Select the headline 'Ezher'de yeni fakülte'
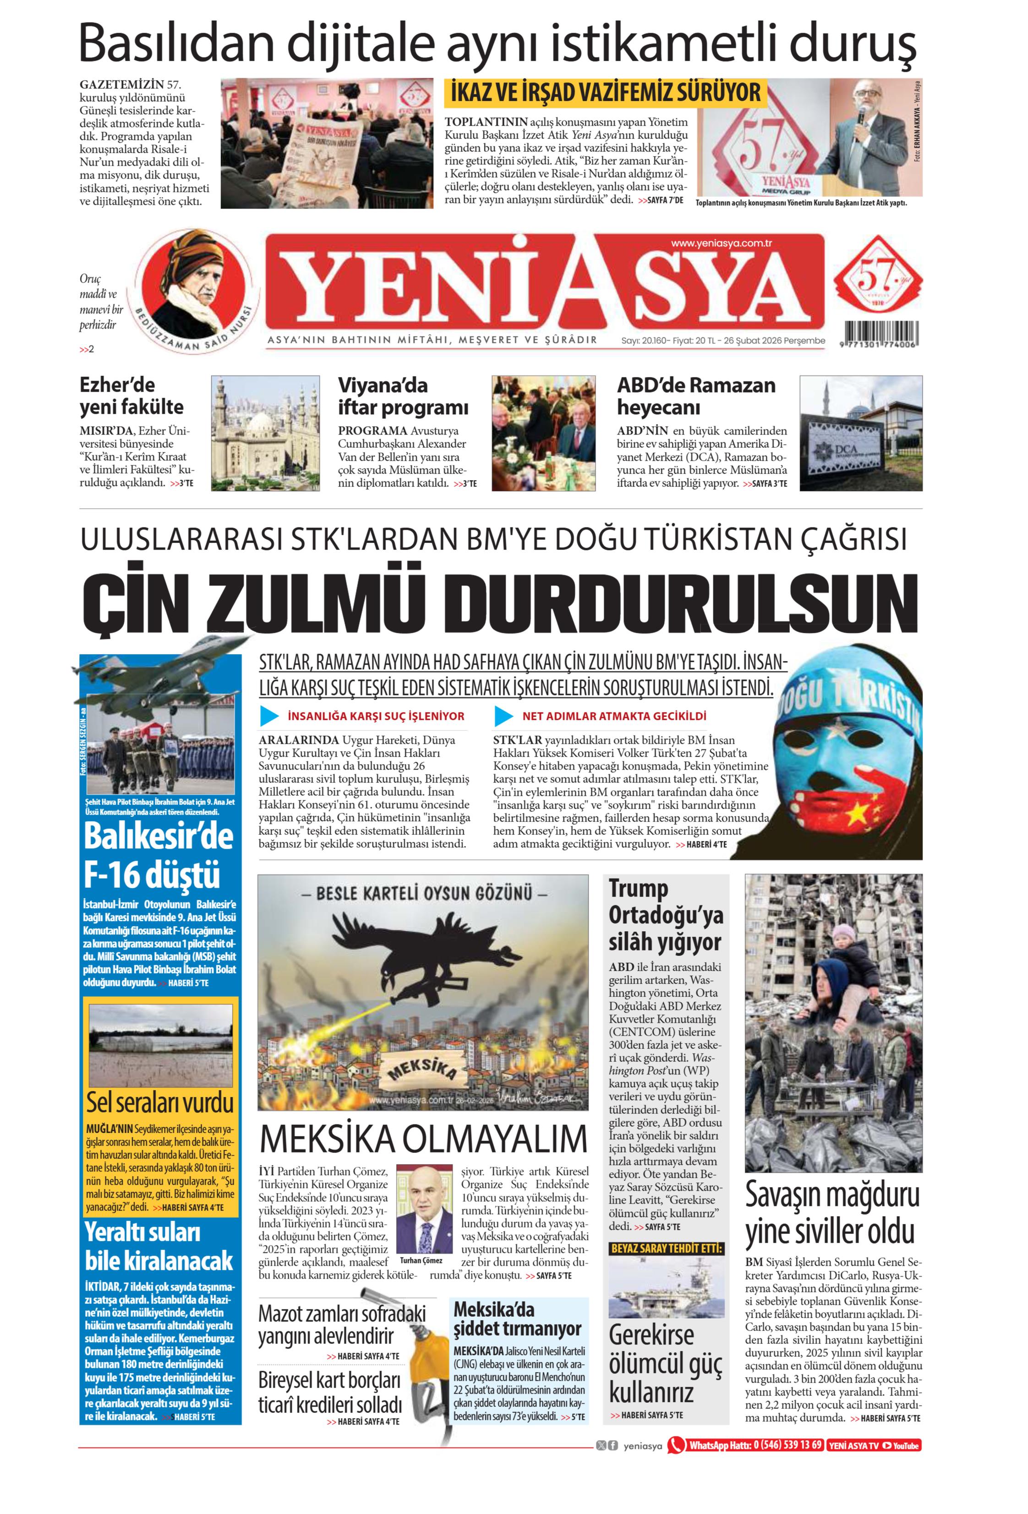point(131,396)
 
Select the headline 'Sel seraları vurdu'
point(160,1103)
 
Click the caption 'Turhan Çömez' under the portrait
point(421,1260)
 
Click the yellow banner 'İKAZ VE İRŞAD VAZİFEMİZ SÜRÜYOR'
point(606,92)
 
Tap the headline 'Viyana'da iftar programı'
point(403,396)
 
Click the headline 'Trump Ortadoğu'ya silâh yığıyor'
point(665,915)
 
